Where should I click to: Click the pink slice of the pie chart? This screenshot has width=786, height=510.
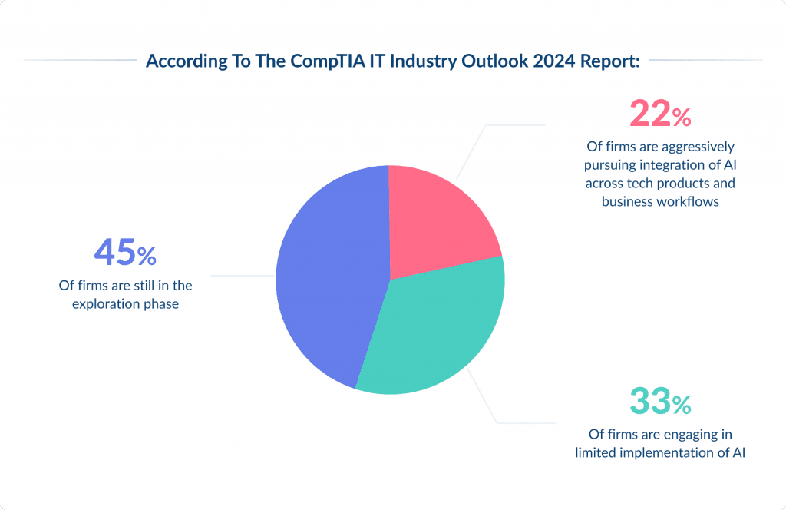(438, 219)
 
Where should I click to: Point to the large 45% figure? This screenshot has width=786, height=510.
(125, 253)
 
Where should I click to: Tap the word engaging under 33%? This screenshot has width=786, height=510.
(693, 434)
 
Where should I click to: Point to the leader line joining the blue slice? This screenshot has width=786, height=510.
(243, 275)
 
